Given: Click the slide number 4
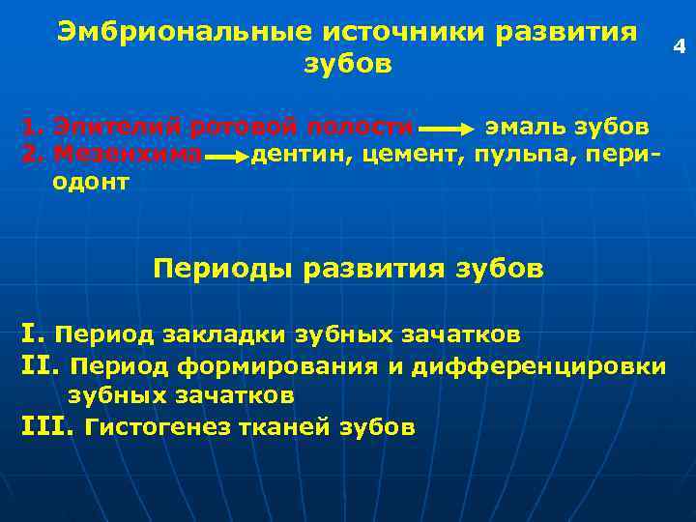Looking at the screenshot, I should tap(680, 44).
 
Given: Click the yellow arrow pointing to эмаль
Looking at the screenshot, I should tap(446, 128).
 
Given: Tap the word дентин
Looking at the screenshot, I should tap(302, 153).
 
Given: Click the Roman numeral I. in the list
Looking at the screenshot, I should tap(31, 333).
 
